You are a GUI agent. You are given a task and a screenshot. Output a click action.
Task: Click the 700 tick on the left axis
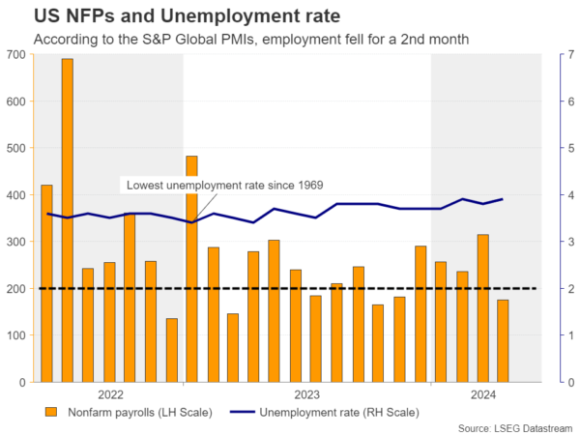click(15, 54)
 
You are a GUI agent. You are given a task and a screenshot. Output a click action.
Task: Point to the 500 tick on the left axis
click(15, 148)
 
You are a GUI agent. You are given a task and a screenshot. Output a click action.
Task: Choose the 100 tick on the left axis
click(15, 335)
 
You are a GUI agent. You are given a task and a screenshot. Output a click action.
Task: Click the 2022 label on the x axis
click(109, 394)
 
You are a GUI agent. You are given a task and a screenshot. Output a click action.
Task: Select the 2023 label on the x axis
click(306, 394)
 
